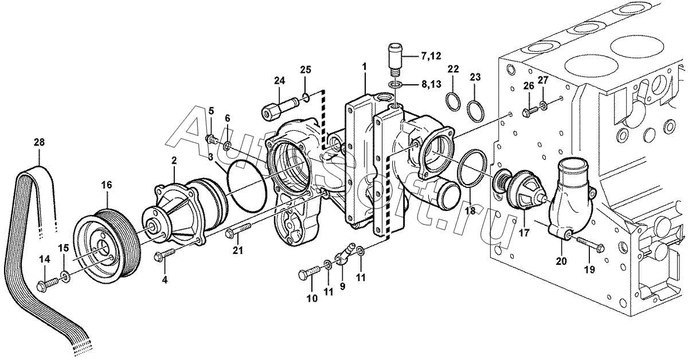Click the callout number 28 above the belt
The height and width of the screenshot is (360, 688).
(39, 143)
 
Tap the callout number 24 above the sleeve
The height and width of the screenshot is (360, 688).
(279, 81)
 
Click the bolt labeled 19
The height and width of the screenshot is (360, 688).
(588, 245)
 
